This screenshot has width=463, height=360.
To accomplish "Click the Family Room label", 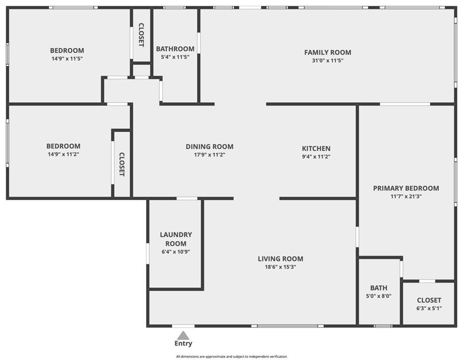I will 327,52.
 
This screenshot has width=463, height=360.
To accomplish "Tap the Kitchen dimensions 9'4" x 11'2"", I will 316,157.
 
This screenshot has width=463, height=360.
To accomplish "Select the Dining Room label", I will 209,147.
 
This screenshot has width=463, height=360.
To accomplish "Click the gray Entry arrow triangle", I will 183,335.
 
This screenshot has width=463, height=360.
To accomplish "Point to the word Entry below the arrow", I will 183,344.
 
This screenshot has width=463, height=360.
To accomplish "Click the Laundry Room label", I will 175,239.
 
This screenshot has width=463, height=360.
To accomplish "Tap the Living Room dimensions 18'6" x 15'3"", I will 280,267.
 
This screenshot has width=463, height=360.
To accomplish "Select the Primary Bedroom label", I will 406,188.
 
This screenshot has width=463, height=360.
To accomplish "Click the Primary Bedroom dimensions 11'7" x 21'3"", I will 406,196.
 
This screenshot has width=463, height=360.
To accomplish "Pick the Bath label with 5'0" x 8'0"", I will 379,288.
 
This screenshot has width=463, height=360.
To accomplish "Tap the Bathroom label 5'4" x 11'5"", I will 175,49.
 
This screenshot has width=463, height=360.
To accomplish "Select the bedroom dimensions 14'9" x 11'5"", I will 67,59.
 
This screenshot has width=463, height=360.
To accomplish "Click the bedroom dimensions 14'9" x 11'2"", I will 63,154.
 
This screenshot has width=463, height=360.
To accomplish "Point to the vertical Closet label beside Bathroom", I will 141,35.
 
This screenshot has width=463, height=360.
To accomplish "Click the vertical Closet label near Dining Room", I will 121,164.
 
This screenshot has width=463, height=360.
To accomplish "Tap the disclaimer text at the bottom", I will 231,357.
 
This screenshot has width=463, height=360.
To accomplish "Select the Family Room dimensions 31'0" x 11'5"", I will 327,61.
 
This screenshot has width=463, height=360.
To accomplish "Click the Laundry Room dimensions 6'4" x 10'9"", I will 175,252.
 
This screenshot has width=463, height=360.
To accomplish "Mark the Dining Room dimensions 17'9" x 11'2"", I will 209,155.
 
